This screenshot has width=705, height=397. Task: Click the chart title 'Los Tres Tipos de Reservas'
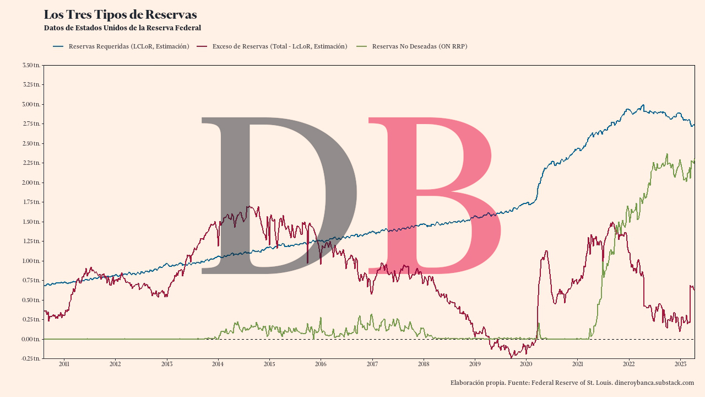click(120, 15)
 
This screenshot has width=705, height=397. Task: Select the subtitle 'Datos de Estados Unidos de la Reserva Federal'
click(122, 28)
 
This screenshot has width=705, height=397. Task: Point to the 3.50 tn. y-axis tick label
click(31, 66)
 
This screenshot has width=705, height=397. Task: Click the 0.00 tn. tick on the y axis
click(31, 339)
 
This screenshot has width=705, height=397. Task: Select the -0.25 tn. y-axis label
click(31, 358)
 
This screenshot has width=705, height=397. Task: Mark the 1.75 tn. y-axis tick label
click(31, 202)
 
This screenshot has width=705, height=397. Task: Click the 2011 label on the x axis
click(64, 364)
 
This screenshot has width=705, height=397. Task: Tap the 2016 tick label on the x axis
click(321, 364)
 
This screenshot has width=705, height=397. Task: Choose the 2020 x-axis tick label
click(526, 364)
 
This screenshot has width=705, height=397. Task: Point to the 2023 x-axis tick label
click(680, 364)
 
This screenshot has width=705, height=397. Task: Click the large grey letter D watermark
click(278, 196)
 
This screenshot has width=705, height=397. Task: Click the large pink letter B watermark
click(435, 196)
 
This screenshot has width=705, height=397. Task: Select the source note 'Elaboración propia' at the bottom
click(572, 383)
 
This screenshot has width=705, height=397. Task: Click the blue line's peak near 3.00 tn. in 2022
click(642, 105)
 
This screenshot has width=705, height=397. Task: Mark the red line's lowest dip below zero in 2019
click(512, 357)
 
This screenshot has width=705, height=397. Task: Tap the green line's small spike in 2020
click(538, 324)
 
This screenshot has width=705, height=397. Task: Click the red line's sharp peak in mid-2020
click(546, 251)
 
